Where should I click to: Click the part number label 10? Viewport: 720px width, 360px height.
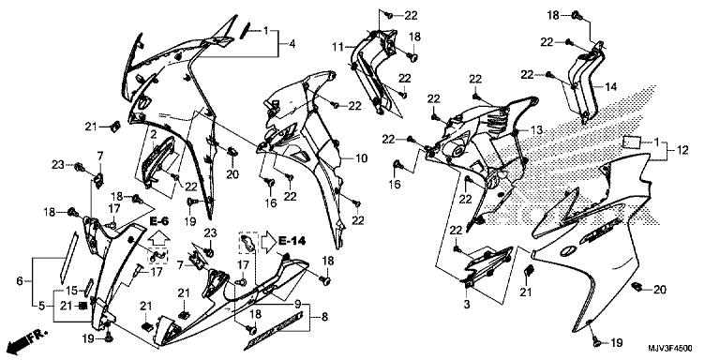pyautogui.click(x=361, y=158)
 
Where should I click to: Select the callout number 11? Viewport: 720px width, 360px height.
pyautogui.click(x=337, y=46)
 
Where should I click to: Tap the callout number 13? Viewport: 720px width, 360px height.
pyautogui.click(x=537, y=130)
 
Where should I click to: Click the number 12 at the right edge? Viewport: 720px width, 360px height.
pyautogui.click(x=682, y=150)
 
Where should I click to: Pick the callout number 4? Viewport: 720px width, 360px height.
pyautogui.click(x=292, y=45)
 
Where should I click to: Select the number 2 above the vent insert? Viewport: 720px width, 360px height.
pyautogui.click(x=154, y=134)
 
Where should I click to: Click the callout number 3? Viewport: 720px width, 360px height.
pyautogui.click(x=467, y=305)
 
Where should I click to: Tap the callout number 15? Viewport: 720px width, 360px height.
pyautogui.click(x=71, y=291)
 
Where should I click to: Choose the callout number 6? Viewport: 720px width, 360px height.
pyautogui.click(x=20, y=280)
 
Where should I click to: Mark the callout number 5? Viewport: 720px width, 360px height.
pyautogui.click(x=42, y=306)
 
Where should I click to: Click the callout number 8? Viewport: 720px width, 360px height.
pyautogui.click(x=325, y=316)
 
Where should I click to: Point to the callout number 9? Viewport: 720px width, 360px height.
pyautogui.click(x=297, y=304)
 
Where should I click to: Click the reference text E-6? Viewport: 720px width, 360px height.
pyautogui.click(x=158, y=221)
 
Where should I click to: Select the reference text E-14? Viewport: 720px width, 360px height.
pyautogui.click(x=292, y=240)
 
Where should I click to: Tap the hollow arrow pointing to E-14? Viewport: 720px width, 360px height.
pyautogui.click(x=269, y=242)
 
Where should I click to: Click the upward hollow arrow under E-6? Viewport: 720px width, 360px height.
pyautogui.click(x=158, y=238)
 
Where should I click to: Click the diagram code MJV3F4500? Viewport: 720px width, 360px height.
pyautogui.click(x=670, y=349)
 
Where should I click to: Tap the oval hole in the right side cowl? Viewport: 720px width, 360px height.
pyautogui.click(x=568, y=250)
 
